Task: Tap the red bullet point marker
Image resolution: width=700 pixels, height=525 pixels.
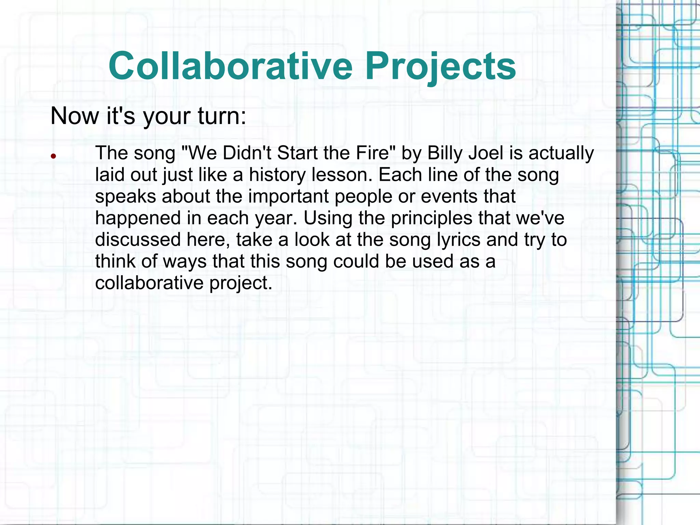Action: click(x=53, y=157)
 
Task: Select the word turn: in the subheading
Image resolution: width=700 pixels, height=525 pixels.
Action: click(x=222, y=116)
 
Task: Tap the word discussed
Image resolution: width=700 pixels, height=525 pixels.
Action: click(x=138, y=240)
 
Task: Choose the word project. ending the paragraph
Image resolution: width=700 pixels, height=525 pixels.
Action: click(x=241, y=283)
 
